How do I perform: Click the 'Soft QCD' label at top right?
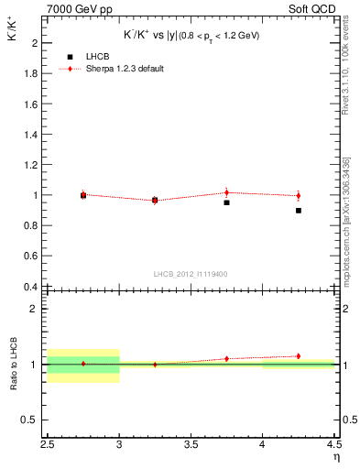point(315,7)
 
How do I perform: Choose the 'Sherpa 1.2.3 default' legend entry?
point(125,69)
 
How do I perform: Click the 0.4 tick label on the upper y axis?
point(30,287)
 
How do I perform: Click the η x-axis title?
point(336,456)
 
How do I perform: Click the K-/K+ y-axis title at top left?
point(13,38)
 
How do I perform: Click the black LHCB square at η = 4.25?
point(299,211)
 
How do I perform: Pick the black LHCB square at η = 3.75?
point(226,202)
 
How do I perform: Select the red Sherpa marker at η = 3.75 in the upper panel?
point(226,192)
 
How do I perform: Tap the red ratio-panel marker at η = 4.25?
point(299,355)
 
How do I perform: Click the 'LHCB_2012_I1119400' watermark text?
point(191,274)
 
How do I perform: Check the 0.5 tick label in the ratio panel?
point(30,420)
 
